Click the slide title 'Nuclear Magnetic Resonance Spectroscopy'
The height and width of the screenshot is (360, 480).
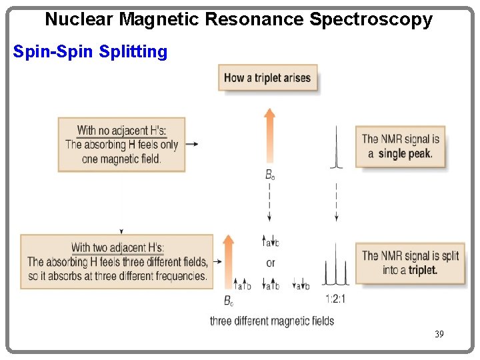(238, 19)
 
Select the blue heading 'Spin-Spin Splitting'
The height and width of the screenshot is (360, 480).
(90, 51)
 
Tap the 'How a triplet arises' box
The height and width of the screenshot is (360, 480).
(267, 77)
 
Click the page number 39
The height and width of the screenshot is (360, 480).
(438, 333)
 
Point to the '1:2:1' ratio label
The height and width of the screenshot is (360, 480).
(335, 299)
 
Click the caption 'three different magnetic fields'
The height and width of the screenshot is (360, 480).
(272, 321)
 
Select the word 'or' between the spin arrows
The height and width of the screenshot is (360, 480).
(271, 263)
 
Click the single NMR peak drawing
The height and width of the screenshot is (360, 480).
(337, 149)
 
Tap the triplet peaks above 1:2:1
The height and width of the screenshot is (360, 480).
(335, 270)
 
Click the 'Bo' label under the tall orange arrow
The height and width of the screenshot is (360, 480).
(270, 175)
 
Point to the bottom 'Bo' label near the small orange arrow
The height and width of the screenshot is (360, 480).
(229, 301)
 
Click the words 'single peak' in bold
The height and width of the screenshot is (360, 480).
(405, 153)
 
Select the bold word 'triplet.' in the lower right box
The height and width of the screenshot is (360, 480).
(423, 270)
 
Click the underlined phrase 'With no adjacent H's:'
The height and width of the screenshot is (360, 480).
(121, 131)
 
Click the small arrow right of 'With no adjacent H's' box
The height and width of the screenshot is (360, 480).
(191, 144)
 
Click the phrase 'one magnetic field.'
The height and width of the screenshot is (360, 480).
(121, 159)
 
